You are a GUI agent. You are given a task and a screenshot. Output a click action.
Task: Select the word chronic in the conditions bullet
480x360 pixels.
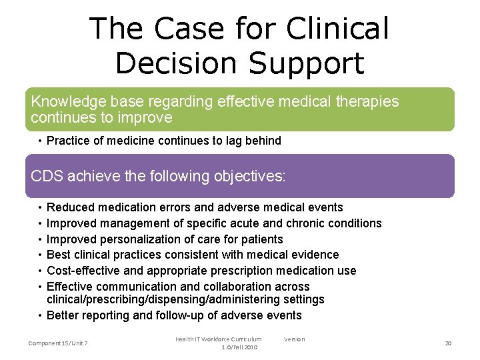305,223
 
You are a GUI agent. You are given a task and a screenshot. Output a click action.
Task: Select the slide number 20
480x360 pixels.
448,343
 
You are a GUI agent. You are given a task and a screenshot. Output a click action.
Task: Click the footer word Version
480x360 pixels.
294,339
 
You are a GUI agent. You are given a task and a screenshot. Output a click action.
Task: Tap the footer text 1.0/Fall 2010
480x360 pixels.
239,347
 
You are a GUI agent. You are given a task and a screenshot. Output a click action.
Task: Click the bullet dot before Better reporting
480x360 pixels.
41,315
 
